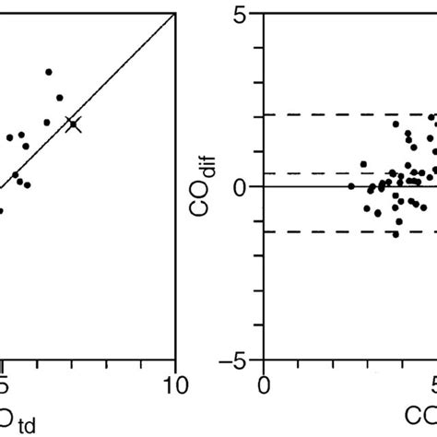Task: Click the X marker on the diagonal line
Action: tap(74, 124)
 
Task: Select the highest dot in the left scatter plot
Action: tap(49, 71)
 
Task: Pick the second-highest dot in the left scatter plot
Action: tap(60, 97)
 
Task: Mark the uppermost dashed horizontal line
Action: tap(350, 114)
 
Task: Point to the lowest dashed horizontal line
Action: tap(350, 231)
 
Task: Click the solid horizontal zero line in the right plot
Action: tap(304, 186)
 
